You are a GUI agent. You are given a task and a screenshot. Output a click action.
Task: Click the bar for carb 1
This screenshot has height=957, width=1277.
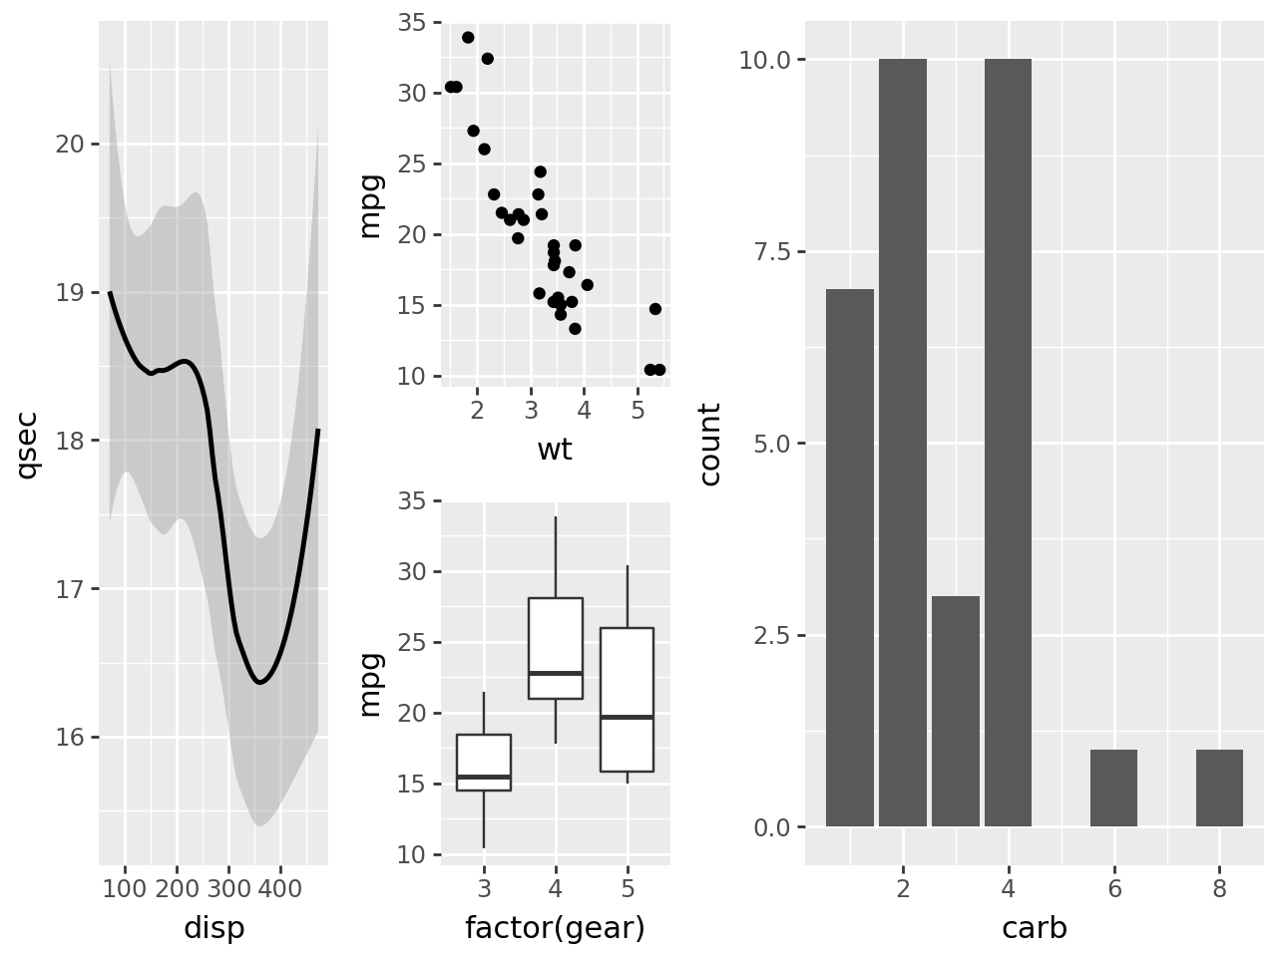[850, 558]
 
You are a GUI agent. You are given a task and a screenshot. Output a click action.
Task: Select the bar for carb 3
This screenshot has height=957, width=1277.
[956, 712]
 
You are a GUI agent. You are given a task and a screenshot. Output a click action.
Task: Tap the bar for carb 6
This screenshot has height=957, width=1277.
[1113, 789]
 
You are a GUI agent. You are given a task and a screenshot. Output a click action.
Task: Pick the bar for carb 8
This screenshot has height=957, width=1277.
[1219, 789]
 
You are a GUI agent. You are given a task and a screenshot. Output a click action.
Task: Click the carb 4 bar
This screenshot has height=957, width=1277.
[1008, 443]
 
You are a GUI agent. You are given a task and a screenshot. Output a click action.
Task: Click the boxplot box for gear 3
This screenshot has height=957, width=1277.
[484, 763]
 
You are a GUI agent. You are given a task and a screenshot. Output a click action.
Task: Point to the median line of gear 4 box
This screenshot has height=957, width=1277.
[556, 673]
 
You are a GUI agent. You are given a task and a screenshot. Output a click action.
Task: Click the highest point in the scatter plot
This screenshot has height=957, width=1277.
[468, 37]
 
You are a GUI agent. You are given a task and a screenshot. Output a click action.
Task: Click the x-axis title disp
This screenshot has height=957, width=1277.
[213, 928]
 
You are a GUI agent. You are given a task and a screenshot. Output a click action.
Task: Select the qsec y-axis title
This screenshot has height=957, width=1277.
[27, 445]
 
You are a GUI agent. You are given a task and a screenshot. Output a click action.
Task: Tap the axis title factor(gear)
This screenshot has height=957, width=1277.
[555, 928]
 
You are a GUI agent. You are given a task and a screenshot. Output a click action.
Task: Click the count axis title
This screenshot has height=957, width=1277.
[710, 445]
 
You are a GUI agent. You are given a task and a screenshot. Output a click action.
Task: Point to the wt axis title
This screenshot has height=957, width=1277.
[555, 450]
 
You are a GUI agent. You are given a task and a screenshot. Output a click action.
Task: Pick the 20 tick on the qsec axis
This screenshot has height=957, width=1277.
[70, 145]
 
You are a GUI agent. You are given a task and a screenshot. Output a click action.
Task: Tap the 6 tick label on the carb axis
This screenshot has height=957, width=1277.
[1114, 888]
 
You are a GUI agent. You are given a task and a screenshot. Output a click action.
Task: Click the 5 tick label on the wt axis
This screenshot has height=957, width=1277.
[638, 410]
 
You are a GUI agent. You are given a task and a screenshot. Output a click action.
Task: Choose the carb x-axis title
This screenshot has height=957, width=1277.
[1035, 928]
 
